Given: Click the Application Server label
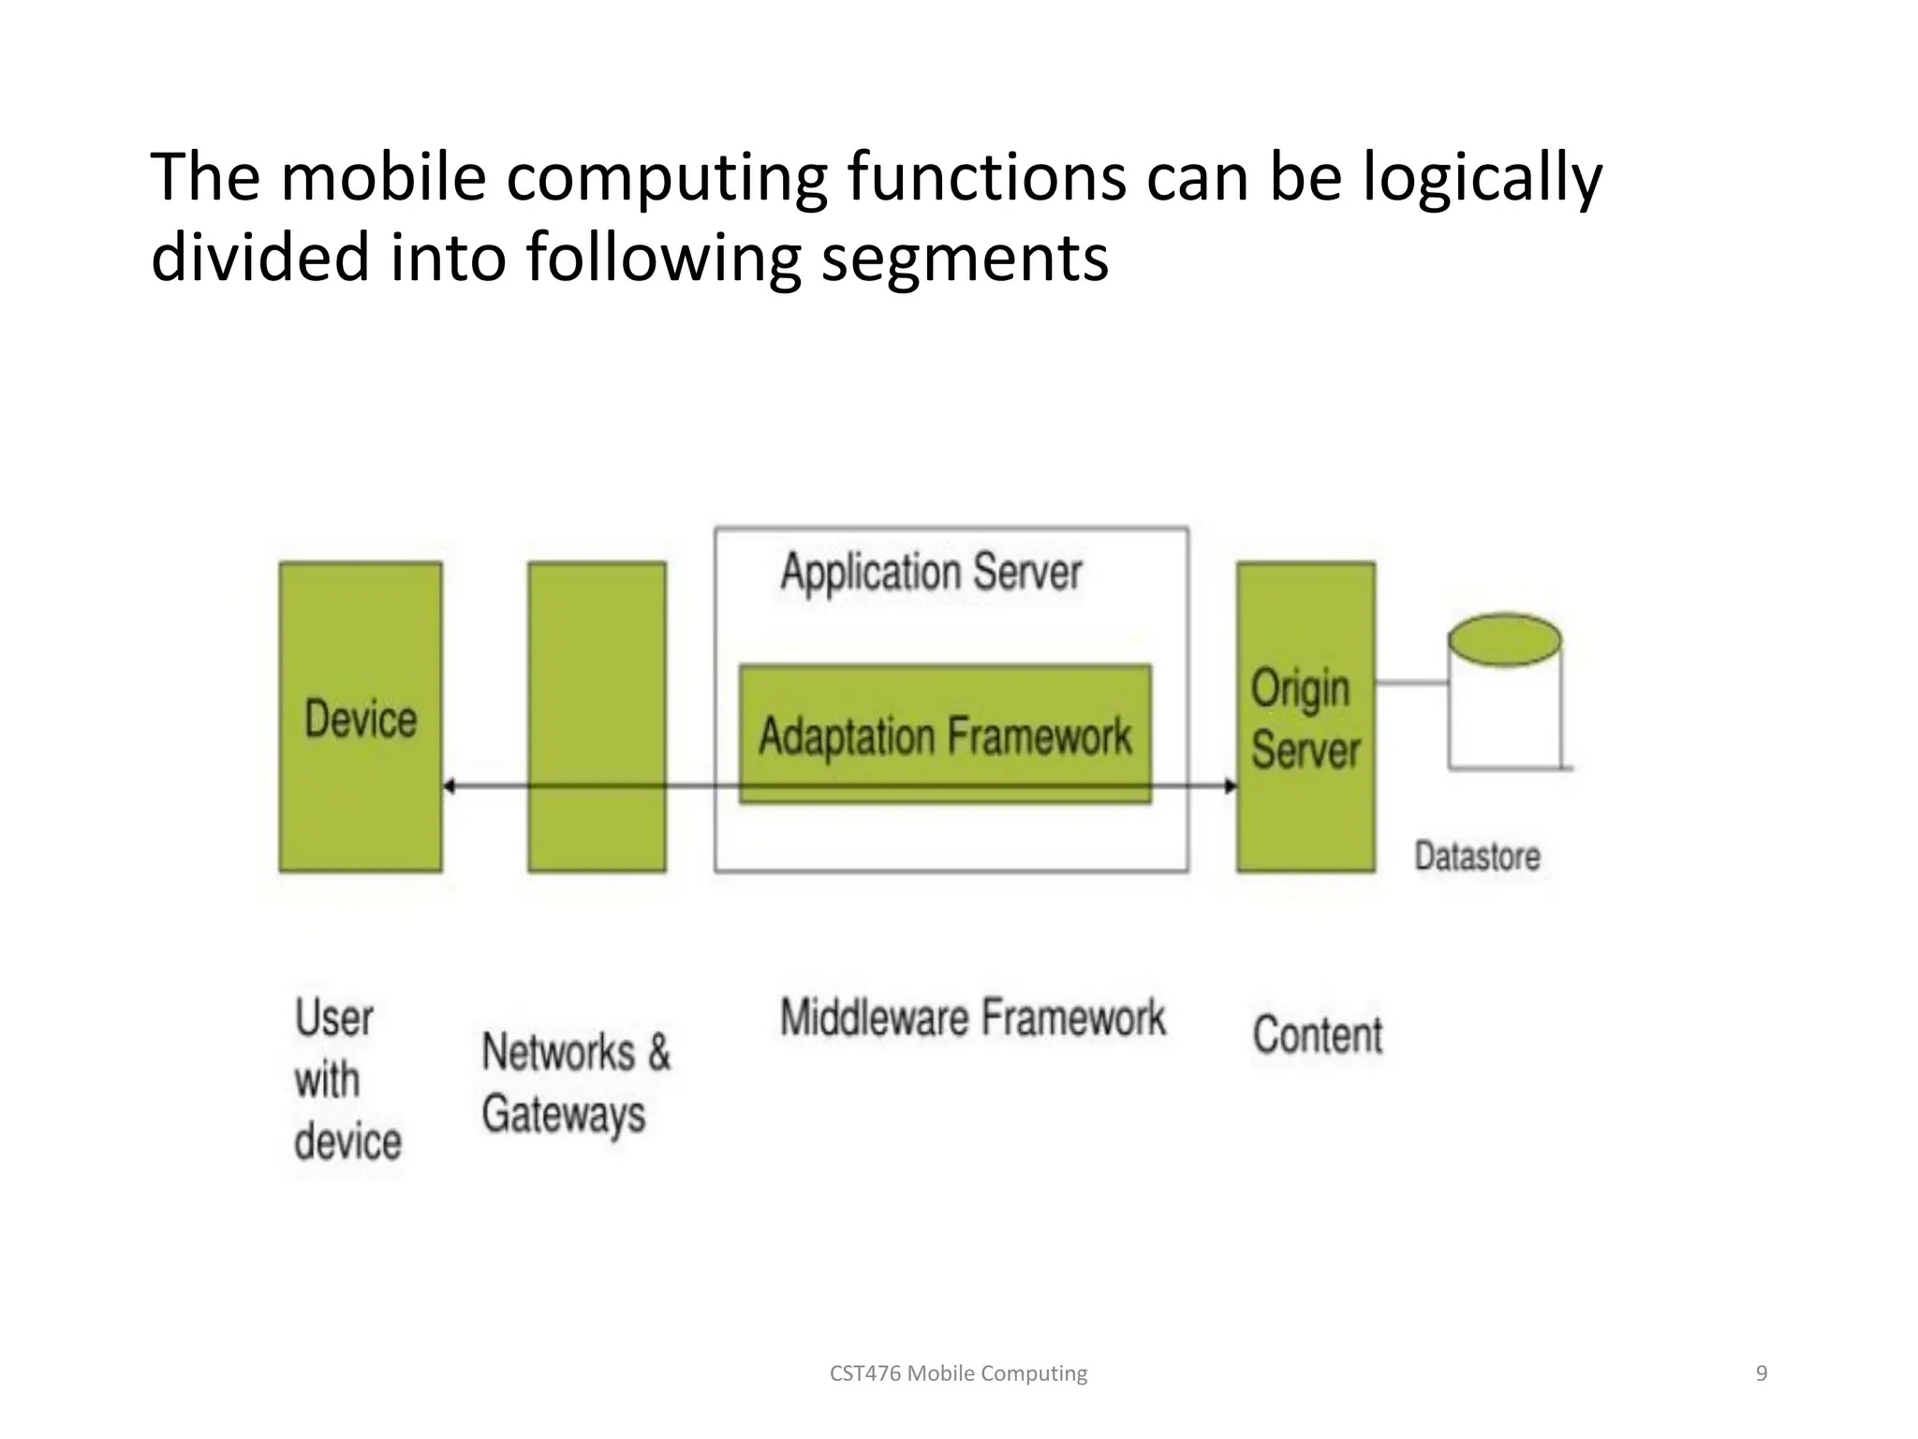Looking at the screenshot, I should pos(931,572).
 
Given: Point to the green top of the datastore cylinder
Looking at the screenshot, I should pos(1504,640).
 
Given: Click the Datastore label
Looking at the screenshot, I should pos(1477,856).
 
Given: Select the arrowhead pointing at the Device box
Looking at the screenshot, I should pos(450,786).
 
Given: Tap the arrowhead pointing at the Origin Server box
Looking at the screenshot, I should pos(1230,786).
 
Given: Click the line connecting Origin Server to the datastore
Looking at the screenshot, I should pos(1411,683).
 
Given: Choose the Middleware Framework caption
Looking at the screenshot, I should pos(972,1018).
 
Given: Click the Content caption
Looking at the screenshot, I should pos(1318,1035).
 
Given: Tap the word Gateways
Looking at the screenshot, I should pos(564,1115).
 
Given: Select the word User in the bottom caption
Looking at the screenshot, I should pos(334,1018).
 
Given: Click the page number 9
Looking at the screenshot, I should pos(1761,1373).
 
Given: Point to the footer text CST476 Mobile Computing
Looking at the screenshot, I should pos(958,1373).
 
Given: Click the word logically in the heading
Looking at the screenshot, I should pos(1482,178).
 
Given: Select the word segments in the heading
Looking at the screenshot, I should pos(965,258).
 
